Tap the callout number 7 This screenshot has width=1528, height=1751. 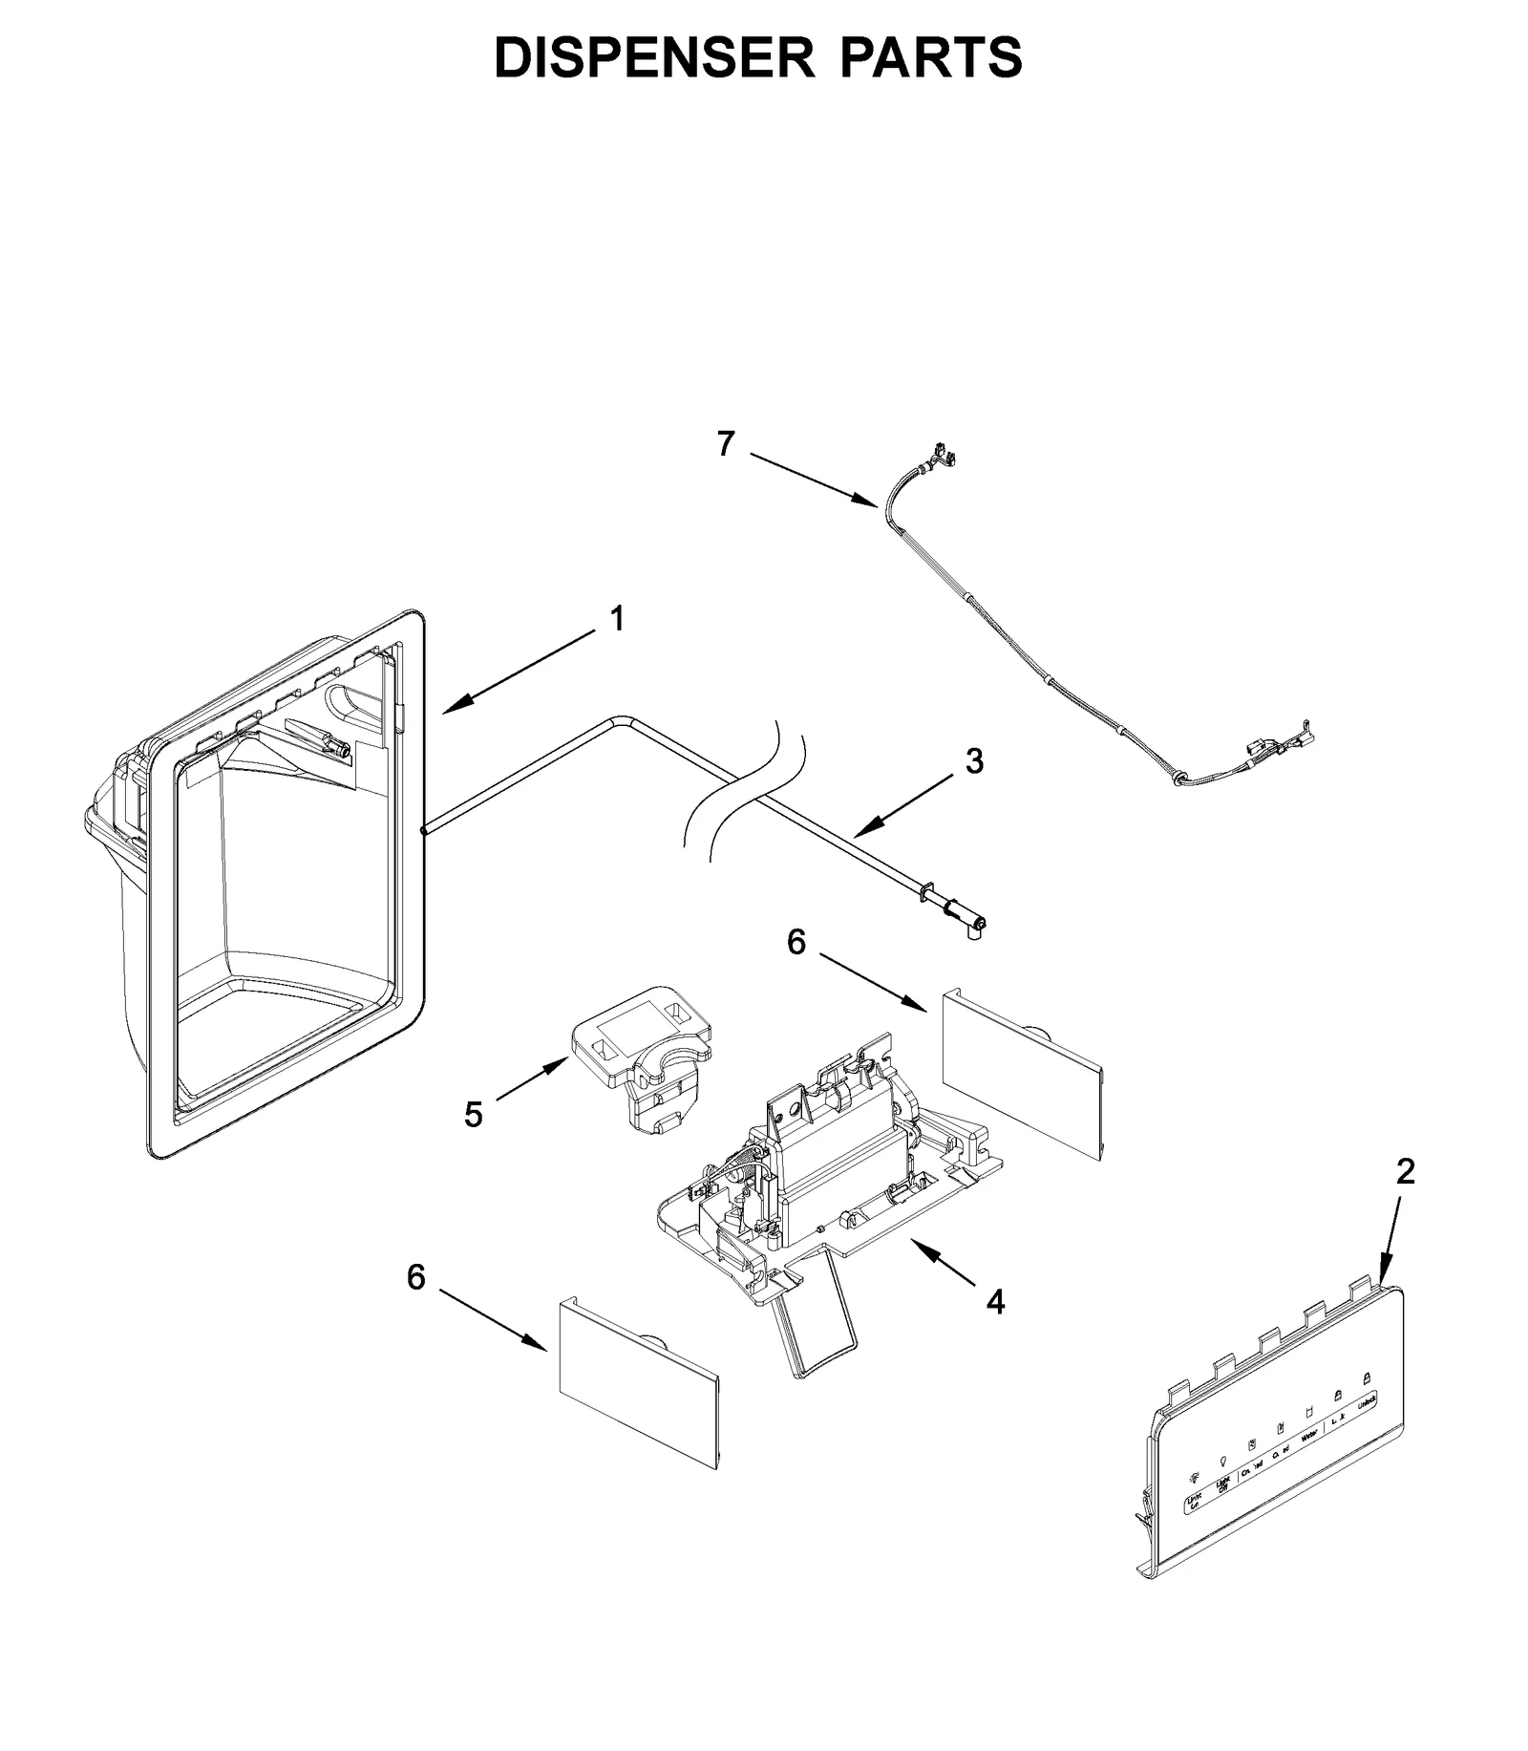click(726, 444)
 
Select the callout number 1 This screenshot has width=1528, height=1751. click(618, 619)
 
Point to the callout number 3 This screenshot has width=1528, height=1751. click(973, 761)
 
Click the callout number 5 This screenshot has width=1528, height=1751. click(474, 1114)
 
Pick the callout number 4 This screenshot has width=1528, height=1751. click(995, 1300)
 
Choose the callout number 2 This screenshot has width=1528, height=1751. click(1405, 1171)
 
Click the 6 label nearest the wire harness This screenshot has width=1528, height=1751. click(796, 942)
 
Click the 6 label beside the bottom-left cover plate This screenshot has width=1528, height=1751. click(416, 1277)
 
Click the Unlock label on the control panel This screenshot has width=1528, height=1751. click(1367, 1399)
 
